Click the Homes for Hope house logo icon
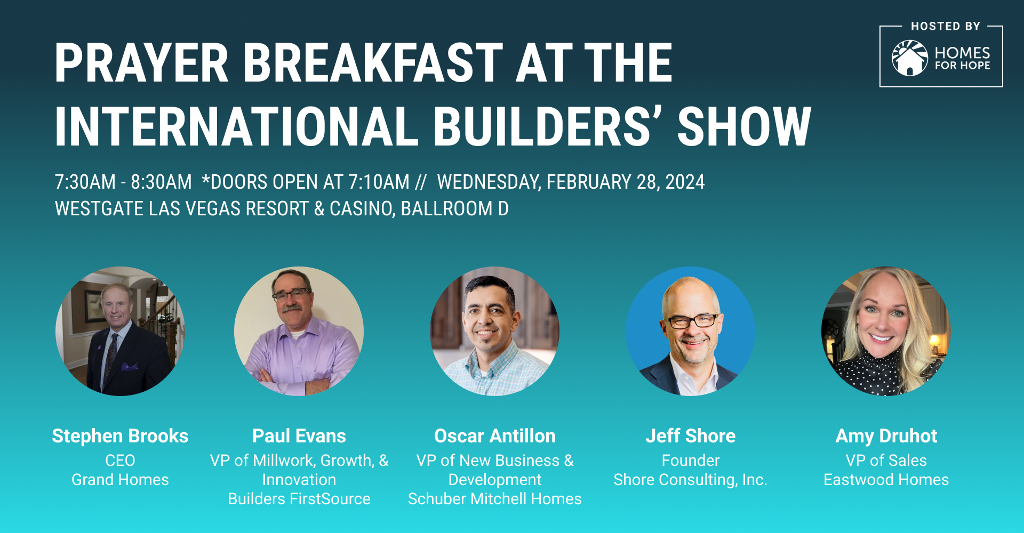point(910,58)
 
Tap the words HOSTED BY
point(946,26)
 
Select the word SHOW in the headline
point(744,126)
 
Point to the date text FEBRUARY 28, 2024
point(626,182)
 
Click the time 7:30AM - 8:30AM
point(123,182)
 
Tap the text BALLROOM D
point(454,208)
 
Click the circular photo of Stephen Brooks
point(120,331)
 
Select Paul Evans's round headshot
point(299,331)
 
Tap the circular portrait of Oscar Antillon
point(495,331)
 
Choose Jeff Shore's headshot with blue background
point(690,331)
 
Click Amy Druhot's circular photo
point(886,331)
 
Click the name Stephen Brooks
point(120,436)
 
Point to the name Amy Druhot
point(886,436)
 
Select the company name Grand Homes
point(120,480)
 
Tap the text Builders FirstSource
point(299,499)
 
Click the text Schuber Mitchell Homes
point(495,499)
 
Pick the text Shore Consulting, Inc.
point(690,480)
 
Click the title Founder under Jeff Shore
point(691,461)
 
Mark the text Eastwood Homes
point(886,480)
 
